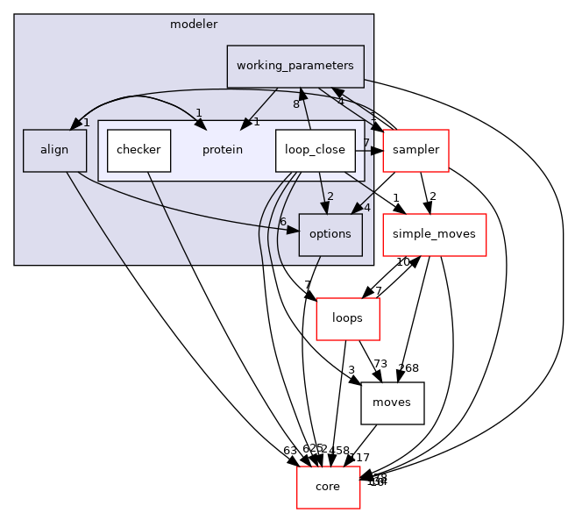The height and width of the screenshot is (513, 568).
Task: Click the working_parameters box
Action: (x=295, y=67)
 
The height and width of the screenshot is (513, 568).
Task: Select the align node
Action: (x=54, y=150)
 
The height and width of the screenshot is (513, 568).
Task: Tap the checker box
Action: (x=138, y=150)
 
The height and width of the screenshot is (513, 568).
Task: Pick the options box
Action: (x=330, y=234)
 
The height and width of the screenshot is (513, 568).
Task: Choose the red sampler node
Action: (x=415, y=150)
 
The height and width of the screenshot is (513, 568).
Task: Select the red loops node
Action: (x=348, y=319)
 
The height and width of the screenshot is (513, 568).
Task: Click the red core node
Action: (x=328, y=487)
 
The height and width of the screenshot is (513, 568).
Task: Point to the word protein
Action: (x=223, y=150)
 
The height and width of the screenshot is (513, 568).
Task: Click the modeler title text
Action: (x=193, y=24)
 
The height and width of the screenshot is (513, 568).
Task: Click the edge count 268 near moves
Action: (x=409, y=367)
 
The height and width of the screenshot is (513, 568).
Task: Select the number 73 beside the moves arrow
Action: (x=380, y=365)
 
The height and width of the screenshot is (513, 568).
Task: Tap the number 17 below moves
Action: (x=361, y=457)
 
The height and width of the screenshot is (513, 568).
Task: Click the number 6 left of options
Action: (x=283, y=221)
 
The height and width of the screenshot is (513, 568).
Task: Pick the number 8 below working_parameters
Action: (x=296, y=104)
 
